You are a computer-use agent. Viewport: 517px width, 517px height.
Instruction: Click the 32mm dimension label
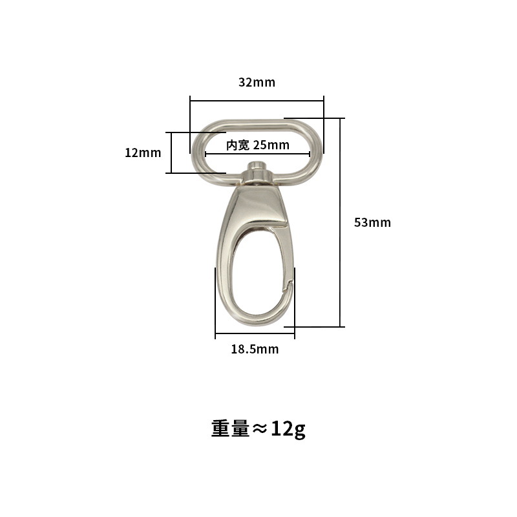tap(257, 82)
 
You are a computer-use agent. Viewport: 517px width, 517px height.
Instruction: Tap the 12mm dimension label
tap(143, 153)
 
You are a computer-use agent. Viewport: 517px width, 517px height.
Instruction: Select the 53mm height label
tap(372, 222)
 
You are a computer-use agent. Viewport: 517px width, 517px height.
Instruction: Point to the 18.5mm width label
tap(255, 349)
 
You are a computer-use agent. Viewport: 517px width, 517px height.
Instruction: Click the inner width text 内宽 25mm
tap(258, 145)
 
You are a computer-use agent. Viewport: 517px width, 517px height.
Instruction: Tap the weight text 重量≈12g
tap(258, 429)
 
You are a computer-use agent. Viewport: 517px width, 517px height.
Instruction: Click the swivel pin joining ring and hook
tap(257, 172)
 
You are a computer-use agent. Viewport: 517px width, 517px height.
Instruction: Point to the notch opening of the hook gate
tap(288, 286)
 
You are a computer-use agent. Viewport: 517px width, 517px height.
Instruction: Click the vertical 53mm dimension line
tap(340, 222)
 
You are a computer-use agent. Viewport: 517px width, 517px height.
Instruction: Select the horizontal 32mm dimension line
tap(257, 101)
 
